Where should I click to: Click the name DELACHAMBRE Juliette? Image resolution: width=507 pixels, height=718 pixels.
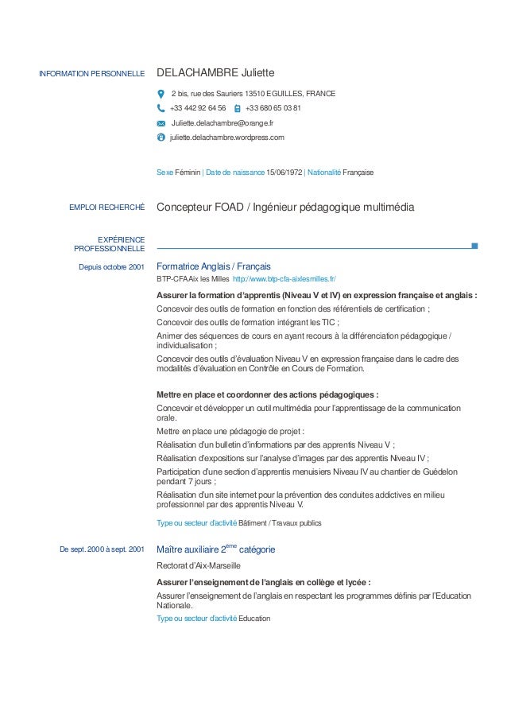(215, 74)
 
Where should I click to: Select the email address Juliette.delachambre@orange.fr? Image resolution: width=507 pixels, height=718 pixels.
(223, 123)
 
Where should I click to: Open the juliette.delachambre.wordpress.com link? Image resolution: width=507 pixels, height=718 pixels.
(226, 138)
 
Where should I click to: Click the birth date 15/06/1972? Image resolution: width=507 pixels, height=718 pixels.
(284, 172)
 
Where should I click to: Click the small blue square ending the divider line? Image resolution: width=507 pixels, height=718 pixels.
(474, 246)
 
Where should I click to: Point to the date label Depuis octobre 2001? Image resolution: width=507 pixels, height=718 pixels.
(111, 266)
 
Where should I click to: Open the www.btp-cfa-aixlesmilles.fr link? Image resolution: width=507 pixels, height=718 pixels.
(284, 280)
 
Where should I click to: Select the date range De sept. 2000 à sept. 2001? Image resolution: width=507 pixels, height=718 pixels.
(102, 549)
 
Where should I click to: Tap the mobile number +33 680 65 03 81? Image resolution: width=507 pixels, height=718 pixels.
(273, 108)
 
